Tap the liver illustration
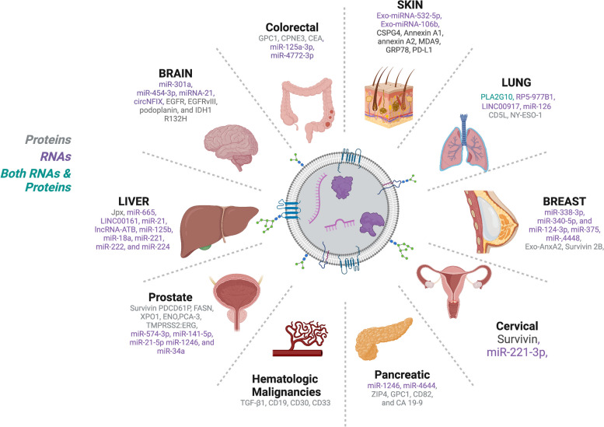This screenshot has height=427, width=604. [215, 226]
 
